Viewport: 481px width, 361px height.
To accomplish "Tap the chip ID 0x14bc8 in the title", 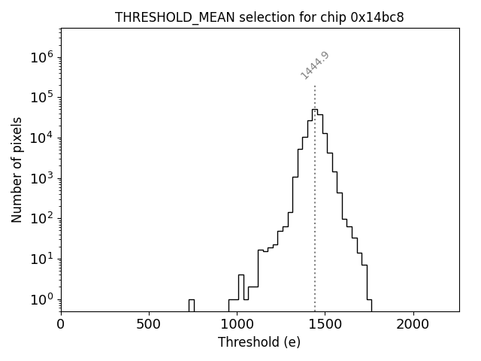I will pyautogui.click(x=377, y=17).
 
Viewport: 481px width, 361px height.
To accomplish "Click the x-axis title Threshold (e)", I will pyautogui.click(x=259, y=342).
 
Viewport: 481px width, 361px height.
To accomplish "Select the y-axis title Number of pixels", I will pyautogui.click(x=17, y=169).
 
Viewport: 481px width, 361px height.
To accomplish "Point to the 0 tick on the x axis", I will pyautogui.click(x=61, y=323).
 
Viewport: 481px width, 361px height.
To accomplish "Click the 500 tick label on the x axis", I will pyautogui.click(x=149, y=323).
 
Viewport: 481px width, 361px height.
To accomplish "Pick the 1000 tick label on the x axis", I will pyautogui.click(x=237, y=323).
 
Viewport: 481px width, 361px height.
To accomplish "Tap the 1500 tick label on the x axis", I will pyautogui.click(x=325, y=323).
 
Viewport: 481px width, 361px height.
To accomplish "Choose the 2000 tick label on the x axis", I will pyautogui.click(x=413, y=323).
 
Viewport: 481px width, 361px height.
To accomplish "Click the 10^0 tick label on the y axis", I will pyautogui.click(x=42, y=299).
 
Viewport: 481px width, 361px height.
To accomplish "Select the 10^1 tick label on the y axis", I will pyautogui.click(x=42, y=259).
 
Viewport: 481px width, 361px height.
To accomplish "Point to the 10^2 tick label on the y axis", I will pyautogui.click(x=42, y=219).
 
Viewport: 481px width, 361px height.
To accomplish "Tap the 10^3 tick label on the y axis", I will pyautogui.click(x=42, y=178).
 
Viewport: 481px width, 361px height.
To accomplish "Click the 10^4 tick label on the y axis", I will pyautogui.click(x=42, y=138).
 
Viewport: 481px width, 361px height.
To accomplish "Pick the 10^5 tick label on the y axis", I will pyautogui.click(x=42, y=97).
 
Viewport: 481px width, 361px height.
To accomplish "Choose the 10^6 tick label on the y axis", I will pyautogui.click(x=42, y=57).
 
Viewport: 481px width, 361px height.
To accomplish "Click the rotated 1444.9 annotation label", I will pyautogui.click(x=315, y=65).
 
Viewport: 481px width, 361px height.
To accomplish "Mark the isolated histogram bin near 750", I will pyautogui.click(x=192, y=304).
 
